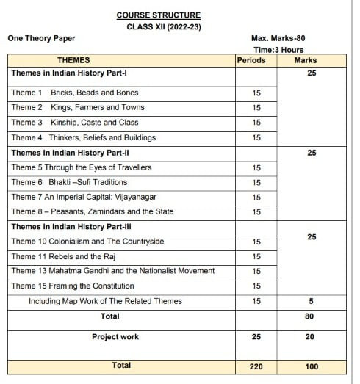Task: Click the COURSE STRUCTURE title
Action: [158, 15]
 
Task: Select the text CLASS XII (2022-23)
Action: [159, 26]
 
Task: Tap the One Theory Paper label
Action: [41, 38]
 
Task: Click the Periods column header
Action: [251, 60]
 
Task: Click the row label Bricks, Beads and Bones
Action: [94, 93]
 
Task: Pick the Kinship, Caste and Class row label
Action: [94, 123]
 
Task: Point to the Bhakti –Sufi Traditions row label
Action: [88, 182]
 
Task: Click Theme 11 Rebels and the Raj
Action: [64, 256]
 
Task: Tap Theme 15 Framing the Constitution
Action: [73, 286]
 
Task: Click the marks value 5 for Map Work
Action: [309, 301]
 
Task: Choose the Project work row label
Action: [115, 337]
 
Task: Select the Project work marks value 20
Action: [309, 337]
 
